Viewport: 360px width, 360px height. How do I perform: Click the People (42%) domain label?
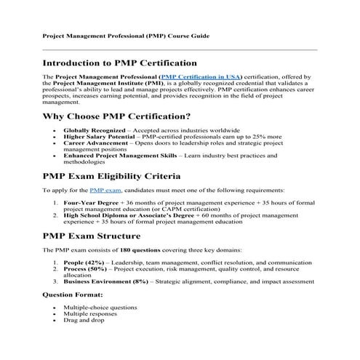coord(83,263)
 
